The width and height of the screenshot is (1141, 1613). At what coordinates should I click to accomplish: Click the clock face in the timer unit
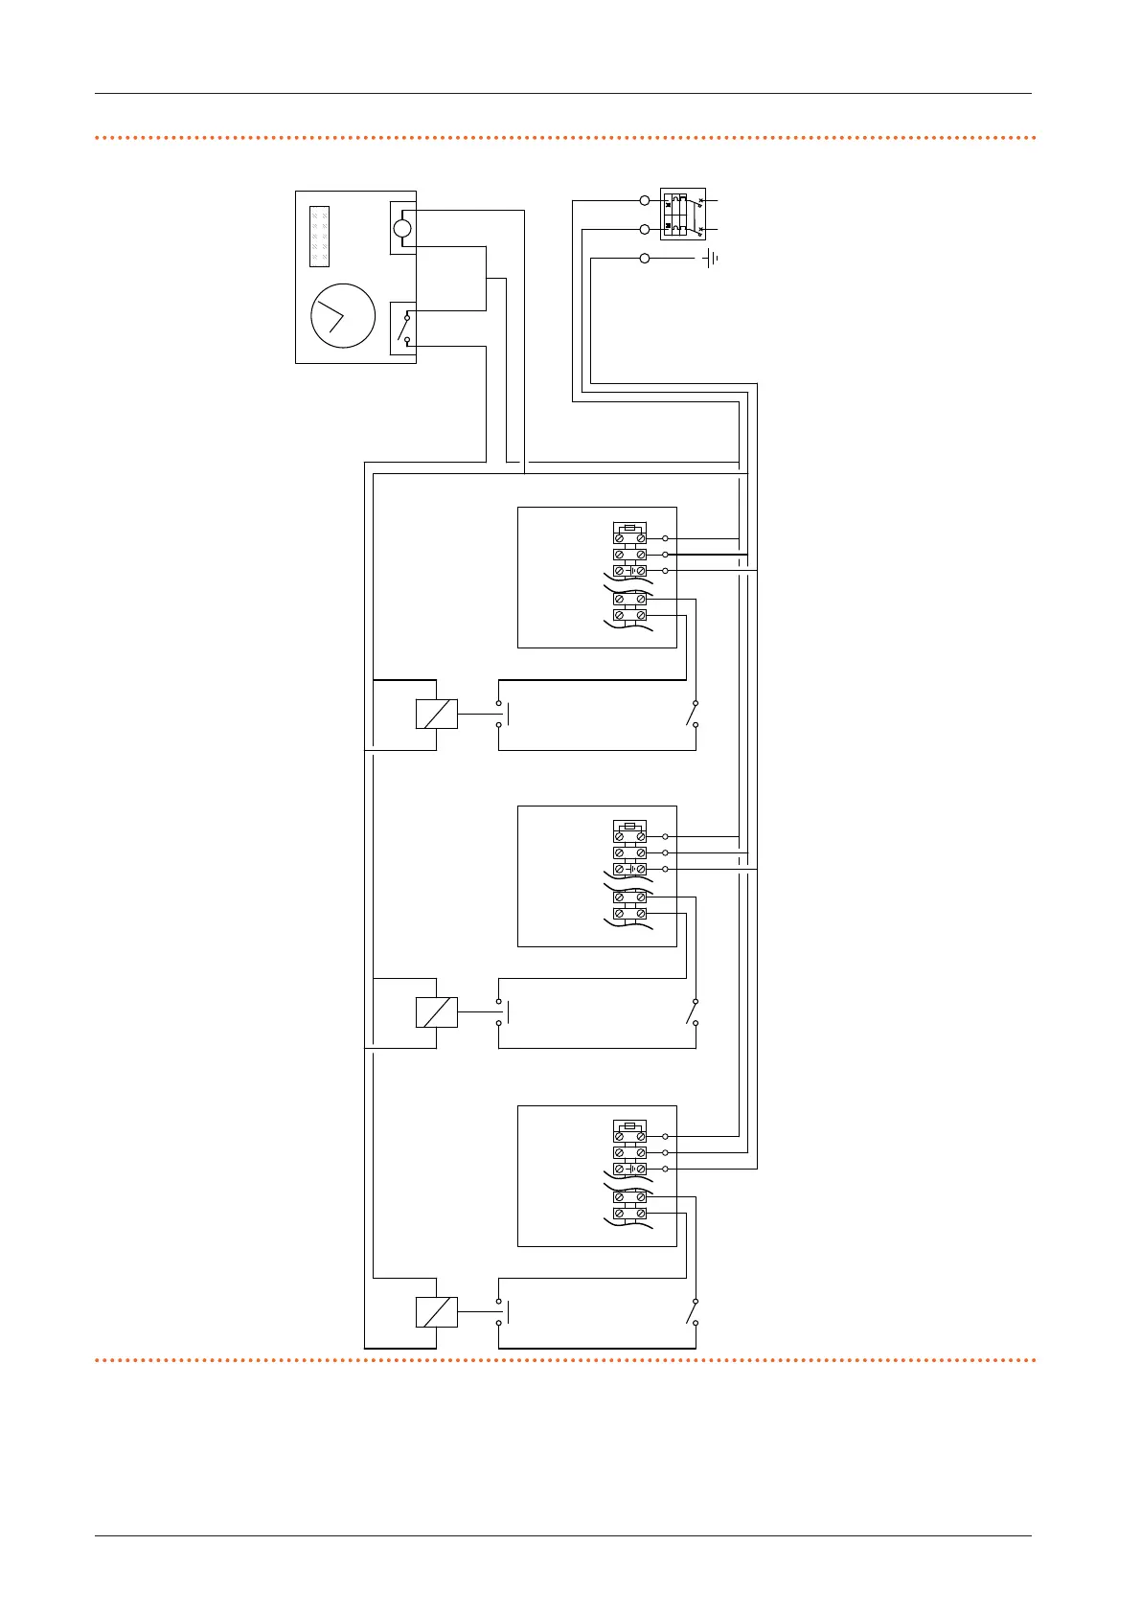343,316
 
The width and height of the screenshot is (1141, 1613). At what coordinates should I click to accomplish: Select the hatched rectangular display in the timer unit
319,236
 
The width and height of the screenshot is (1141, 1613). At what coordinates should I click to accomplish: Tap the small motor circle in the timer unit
402,228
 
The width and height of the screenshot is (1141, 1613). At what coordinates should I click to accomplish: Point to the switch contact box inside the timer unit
403,329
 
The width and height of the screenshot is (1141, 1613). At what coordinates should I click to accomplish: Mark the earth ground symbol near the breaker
711,259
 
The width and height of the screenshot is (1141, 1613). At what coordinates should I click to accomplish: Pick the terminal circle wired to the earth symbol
644,259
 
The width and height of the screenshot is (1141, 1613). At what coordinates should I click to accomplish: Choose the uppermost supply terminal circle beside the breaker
644,201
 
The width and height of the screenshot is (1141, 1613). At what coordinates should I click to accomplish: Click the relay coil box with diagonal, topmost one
437,715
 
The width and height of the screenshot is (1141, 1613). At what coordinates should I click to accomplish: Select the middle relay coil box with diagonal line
437,1012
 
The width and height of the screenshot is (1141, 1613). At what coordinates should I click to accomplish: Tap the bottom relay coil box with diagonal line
437,1311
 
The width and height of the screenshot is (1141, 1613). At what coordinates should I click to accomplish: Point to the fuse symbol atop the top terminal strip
629,528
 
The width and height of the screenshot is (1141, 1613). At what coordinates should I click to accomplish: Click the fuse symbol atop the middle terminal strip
629,826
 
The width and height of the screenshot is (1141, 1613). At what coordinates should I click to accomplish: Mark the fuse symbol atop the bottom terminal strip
629,1125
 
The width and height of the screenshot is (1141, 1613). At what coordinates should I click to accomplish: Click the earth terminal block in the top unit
629,571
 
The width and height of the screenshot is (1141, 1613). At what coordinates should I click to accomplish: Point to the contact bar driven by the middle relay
507,1012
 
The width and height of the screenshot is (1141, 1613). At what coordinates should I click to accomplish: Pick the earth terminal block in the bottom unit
629,1170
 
